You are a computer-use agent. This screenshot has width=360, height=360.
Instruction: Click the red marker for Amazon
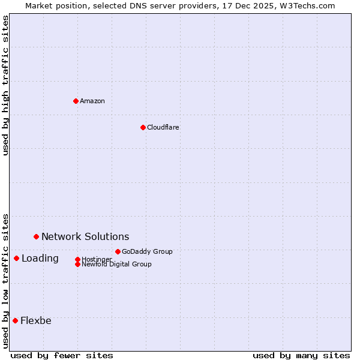[76, 101]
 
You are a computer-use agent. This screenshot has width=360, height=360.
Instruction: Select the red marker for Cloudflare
[143, 127]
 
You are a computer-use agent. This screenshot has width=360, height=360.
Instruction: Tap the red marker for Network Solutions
[36, 237]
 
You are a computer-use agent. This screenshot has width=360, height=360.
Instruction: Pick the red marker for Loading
[16, 259]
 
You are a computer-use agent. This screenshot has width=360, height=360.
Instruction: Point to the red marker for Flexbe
[15, 320]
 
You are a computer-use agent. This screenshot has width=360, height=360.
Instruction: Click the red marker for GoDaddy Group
[118, 251]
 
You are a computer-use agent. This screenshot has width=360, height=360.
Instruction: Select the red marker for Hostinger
[77, 259]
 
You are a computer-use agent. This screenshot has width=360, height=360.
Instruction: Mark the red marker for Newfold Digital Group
[77, 264]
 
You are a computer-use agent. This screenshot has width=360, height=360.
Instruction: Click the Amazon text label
[92, 101]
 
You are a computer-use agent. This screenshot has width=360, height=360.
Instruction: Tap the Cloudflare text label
[163, 127]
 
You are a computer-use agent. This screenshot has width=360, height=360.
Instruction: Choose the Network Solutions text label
[85, 237]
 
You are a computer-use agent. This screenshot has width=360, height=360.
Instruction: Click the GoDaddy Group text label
[147, 251]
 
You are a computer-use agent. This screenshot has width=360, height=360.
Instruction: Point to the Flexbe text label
[36, 320]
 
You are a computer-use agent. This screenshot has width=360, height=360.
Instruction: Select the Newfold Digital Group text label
[116, 264]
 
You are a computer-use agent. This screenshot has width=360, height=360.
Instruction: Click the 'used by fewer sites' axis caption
[62, 355]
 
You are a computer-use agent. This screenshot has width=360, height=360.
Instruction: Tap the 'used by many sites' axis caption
[301, 355]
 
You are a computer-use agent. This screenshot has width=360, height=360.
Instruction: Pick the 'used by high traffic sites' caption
[6, 85]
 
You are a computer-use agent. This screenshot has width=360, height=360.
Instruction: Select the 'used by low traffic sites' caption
[6, 281]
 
